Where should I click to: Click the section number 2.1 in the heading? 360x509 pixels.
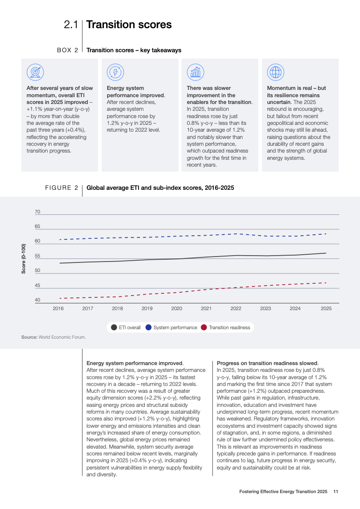click(71, 25)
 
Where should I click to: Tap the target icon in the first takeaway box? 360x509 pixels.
click(35, 72)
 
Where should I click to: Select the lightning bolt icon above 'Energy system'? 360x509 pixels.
click(115, 72)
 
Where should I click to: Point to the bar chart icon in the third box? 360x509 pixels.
click(196, 72)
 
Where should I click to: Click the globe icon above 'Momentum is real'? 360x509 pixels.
click(276, 72)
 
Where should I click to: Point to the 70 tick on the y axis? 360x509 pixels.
click(37, 212)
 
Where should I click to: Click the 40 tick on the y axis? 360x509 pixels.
click(37, 300)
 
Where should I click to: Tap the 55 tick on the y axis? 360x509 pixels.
click(37, 256)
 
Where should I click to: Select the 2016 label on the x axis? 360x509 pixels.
click(58, 308)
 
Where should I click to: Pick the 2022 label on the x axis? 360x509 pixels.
click(236, 308)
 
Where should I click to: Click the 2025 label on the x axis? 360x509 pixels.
click(326, 308)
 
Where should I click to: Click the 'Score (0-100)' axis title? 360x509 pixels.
click(24, 258)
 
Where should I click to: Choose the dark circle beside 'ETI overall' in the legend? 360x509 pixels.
click(114, 327)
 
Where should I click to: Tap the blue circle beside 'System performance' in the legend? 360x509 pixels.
click(148, 327)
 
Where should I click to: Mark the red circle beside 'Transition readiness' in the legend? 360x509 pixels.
click(204, 327)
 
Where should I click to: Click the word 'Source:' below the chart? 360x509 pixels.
click(29, 337)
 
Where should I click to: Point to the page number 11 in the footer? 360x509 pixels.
click(335, 492)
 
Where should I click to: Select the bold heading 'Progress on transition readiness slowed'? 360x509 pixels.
click(267, 363)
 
